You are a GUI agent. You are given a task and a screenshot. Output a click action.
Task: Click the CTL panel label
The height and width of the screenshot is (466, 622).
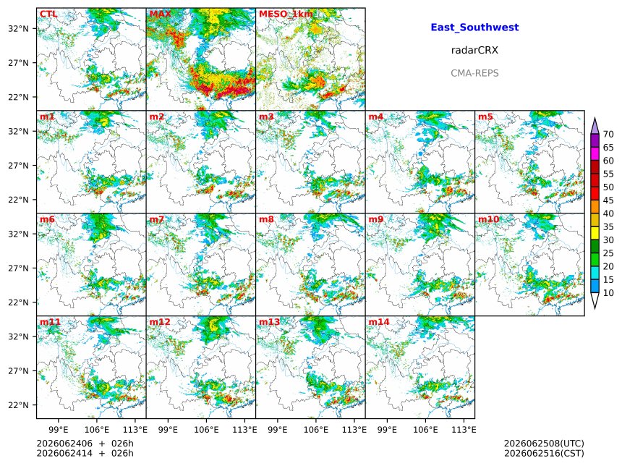pyautogui.click(x=48, y=14)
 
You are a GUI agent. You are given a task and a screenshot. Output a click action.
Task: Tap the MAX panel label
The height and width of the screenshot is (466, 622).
pyautogui.click(x=161, y=14)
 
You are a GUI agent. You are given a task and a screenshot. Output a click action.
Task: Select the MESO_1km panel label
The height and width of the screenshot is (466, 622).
pyautogui.click(x=286, y=14)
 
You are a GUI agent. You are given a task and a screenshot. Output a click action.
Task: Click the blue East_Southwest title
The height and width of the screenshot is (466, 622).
pyautogui.click(x=474, y=27)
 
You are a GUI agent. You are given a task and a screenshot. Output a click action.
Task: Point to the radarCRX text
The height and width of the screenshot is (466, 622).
pyautogui.click(x=474, y=50)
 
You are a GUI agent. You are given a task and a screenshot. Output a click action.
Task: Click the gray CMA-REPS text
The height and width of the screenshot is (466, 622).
pyautogui.click(x=474, y=73)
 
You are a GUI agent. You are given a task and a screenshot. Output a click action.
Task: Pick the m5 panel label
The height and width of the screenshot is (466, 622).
pyautogui.click(x=485, y=116)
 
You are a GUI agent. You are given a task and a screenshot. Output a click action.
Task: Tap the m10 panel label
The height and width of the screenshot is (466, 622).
pyautogui.click(x=488, y=219)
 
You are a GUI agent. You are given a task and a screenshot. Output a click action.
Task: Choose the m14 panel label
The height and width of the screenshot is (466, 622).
pyautogui.click(x=379, y=322)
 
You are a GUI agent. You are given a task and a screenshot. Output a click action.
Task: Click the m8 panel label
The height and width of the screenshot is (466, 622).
pyautogui.click(x=267, y=219)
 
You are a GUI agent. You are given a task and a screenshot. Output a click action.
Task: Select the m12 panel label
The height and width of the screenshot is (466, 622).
pyautogui.click(x=160, y=322)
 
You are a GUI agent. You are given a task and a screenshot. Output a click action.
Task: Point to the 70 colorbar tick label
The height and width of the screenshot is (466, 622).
pyautogui.click(x=608, y=134)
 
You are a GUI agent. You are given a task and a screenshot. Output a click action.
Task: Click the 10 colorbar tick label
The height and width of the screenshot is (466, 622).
pyautogui.click(x=608, y=293)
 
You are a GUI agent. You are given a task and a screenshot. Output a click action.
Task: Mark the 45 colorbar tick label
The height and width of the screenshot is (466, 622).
pyautogui.click(x=608, y=200)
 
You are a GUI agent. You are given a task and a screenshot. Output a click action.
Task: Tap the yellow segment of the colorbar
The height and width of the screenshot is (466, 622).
pyautogui.click(x=595, y=234)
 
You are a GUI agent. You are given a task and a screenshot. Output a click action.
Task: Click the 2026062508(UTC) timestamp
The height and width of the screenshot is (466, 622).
pyautogui.click(x=544, y=444)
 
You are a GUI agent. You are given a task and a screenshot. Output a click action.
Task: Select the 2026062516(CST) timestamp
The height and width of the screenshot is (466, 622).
pyautogui.click(x=544, y=453)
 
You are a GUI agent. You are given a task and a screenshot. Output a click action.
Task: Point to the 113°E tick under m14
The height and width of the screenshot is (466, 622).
pyautogui.click(x=464, y=430)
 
